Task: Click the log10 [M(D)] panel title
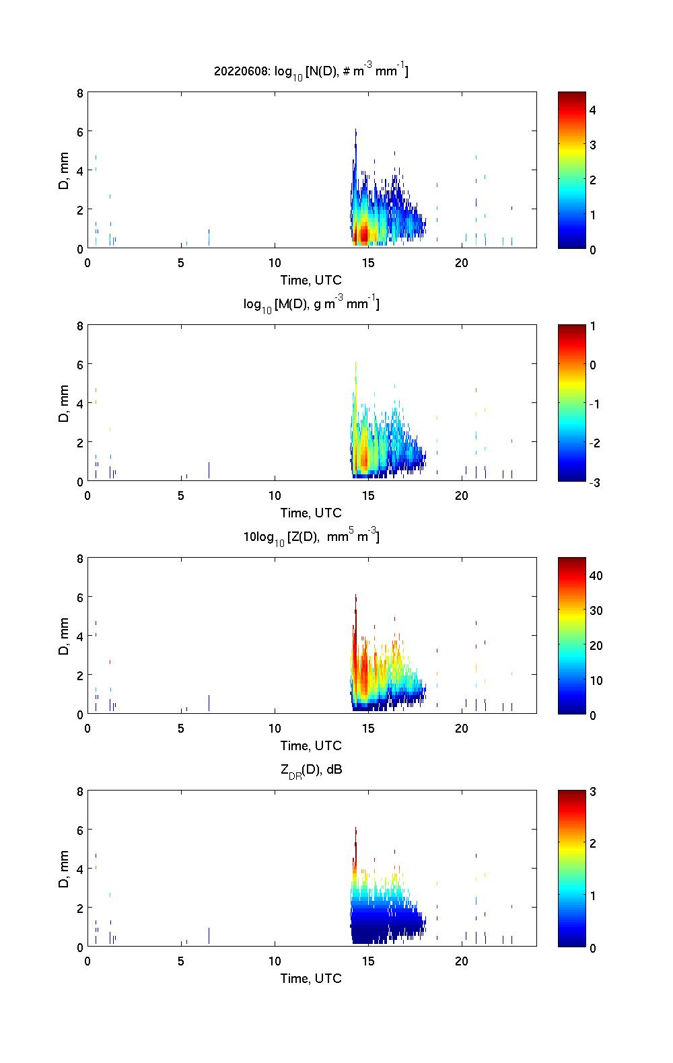(x=311, y=304)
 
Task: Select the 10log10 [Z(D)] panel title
(x=311, y=537)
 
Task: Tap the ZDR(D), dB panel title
(x=311, y=770)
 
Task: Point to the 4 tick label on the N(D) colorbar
(x=593, y=110)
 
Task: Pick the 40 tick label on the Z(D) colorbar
(x=596, y=575)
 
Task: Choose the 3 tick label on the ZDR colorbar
(x=593, y=792)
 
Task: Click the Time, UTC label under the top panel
(x=311, y=280)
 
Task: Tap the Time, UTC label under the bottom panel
(x=311, y=978)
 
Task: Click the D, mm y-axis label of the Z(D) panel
(x=64, y=636)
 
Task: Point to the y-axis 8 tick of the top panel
(x=79, y=94)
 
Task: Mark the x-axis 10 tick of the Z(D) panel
(x=275, y=728)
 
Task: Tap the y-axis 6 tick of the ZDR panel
(x=79, y=830)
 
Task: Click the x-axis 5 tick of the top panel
(x=181, y=262)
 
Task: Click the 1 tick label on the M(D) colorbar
(x=593, y=326)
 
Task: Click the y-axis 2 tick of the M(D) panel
(x=79, y=443)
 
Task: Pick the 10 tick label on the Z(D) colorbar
(x=596, y=680)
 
